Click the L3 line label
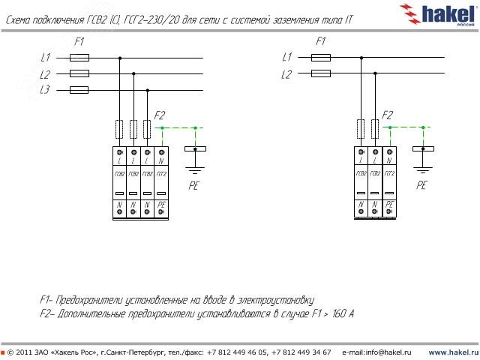(x=45, y=90)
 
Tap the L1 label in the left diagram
(x=45, y=57)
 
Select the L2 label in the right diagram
(x=286, y=73)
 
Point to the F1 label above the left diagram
(x=79, y=42)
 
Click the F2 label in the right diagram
(x=387, y=115)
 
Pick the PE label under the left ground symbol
(x=194, y=184)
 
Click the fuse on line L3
(x=79, y=90)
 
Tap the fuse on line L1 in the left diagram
(x=79, y=57)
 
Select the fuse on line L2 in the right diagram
(x=321, y=73)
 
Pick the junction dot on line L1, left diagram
(x=119, y=57)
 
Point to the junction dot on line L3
(x=148, y=90)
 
